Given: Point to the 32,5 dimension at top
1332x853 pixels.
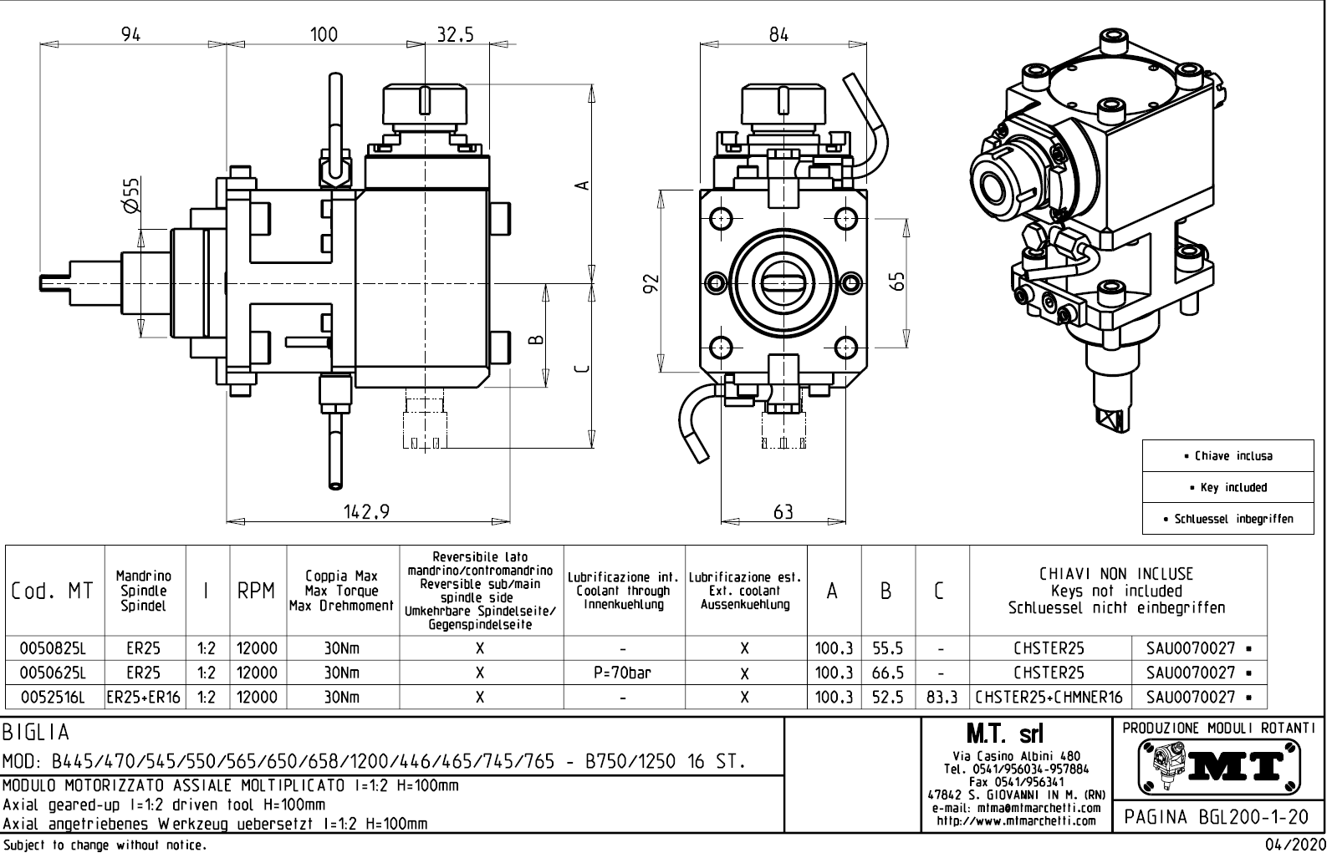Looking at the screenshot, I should click(455, 34).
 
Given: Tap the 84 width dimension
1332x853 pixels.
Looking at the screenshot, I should click(778, 34).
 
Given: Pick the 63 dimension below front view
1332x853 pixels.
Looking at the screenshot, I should click(783, 511).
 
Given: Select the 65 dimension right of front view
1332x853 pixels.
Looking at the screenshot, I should click(898, 282).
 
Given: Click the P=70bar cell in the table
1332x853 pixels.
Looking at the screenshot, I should click(624, 673).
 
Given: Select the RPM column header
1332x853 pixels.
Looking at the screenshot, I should click(257, 592).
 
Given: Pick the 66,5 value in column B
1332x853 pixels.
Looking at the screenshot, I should click(887, 673).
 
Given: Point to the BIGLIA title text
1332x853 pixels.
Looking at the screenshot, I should click(36, 733).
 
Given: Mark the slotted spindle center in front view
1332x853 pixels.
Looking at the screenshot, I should click(783, 282).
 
